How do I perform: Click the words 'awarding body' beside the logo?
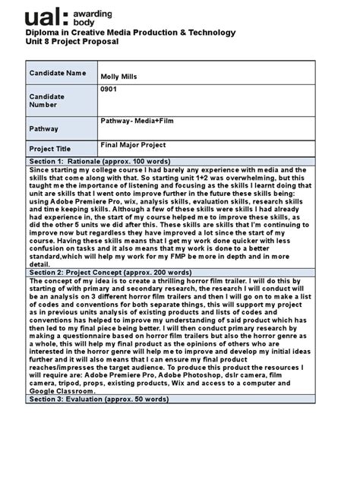106,17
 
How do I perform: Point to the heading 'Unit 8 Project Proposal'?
72,42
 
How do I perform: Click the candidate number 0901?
110,90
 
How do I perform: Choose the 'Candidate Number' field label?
46,101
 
